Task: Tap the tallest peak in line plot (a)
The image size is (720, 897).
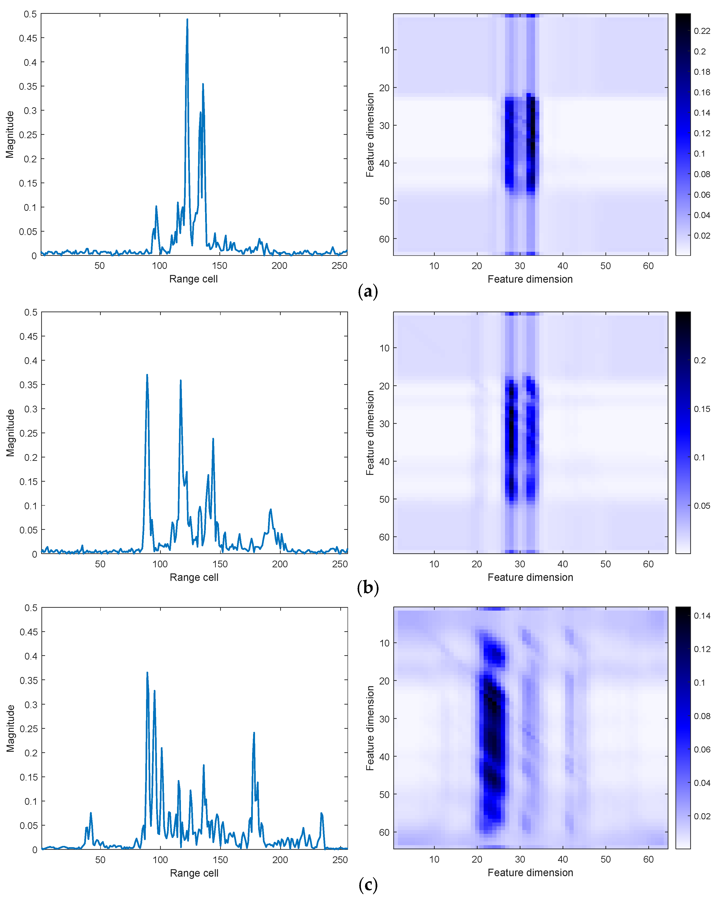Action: [187, 20]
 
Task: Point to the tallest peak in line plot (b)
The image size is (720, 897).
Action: [147, 375]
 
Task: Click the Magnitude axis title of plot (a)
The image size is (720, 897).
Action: [10, 134]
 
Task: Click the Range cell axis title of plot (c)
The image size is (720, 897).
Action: [194, 873]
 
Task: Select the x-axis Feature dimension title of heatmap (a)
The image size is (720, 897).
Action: [530, 279]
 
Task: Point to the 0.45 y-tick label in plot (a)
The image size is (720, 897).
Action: [28, 38]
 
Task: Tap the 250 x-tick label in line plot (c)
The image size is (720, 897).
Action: [340, 859]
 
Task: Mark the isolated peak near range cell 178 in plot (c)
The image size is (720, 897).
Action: [254, 733]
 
